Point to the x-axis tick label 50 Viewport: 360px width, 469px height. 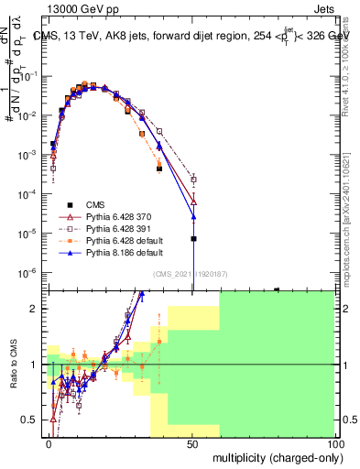pos(192,443)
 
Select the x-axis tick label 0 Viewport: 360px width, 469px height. pos(49,443)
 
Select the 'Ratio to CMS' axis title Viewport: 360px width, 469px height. pos(13,365)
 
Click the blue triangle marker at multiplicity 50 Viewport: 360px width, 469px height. pos(193,217)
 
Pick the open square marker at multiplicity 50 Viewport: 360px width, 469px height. pos(193,180)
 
